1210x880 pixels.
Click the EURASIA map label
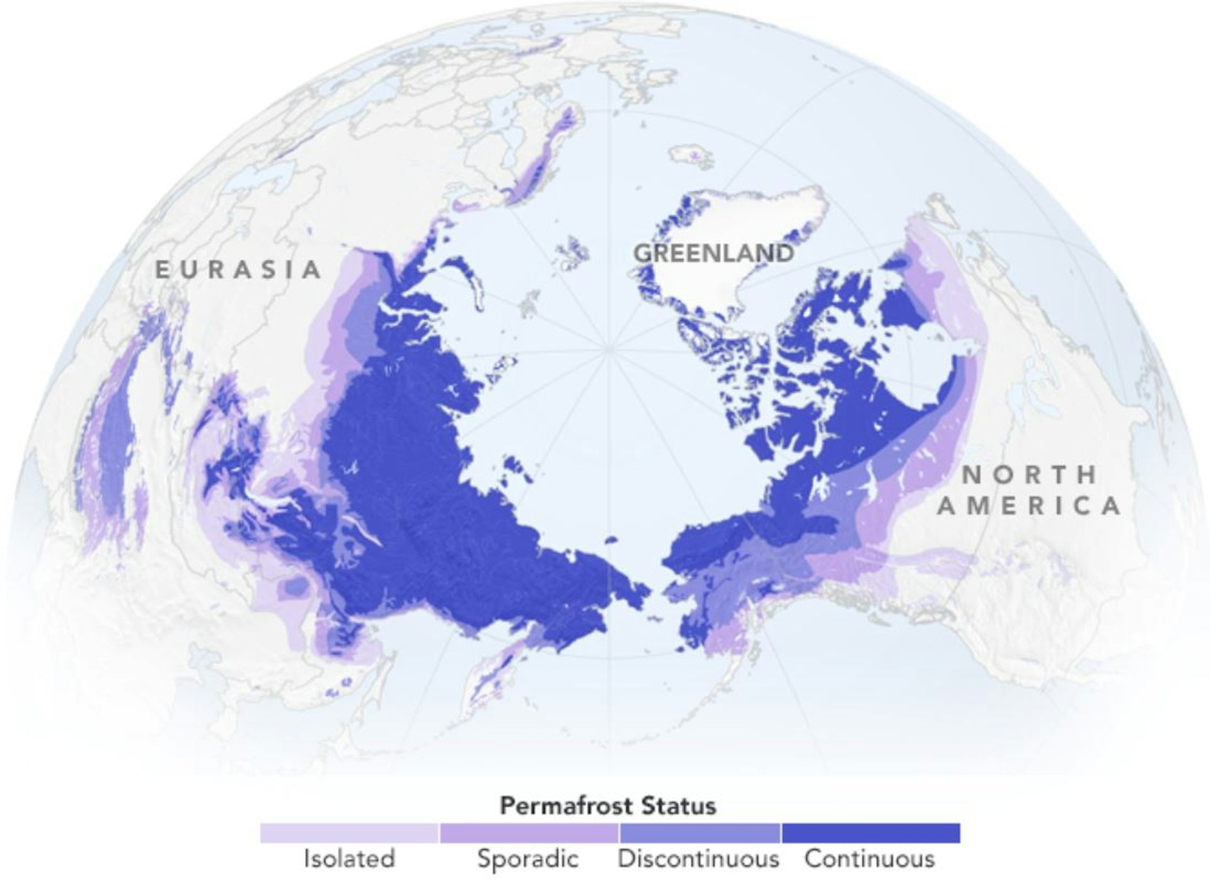238,270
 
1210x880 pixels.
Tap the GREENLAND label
713,253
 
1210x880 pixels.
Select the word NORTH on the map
1030,475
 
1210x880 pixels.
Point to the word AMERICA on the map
1030,506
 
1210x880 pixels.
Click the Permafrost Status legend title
608,806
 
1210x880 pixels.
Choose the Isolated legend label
349,859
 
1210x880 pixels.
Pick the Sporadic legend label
528,859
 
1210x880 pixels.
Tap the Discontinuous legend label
698,859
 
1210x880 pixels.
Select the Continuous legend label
870,859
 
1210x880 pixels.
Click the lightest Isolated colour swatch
349,833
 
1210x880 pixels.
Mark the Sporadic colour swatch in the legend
529,833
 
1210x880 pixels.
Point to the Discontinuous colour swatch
700,833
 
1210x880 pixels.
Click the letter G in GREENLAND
642,253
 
